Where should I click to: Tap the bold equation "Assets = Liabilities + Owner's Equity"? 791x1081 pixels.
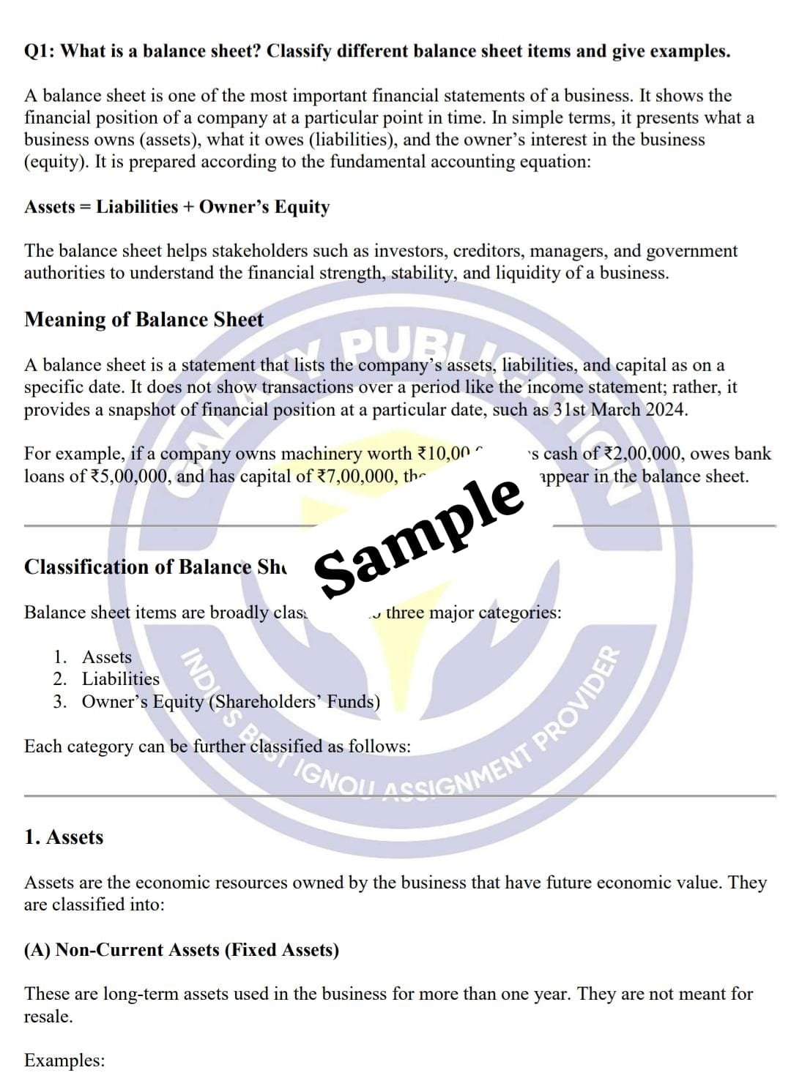[177, 207]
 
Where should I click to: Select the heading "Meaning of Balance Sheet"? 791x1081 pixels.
[144, 320]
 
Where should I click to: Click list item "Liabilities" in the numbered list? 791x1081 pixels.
[120, 679]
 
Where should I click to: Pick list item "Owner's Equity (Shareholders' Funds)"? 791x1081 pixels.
[231, 702]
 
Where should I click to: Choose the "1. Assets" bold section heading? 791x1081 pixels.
[64, 837]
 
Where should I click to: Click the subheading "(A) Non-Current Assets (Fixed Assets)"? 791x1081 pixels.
[182, 950]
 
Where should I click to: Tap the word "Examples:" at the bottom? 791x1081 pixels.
[64, 1061]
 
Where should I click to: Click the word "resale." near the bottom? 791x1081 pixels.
[48, 1017]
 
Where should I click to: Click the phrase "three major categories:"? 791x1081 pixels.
[473, 613]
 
